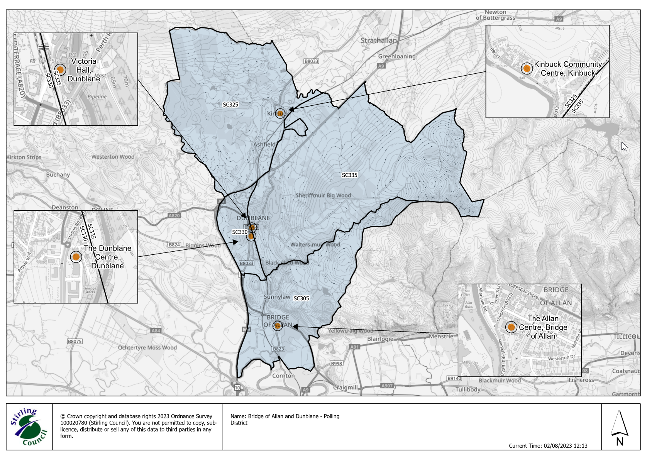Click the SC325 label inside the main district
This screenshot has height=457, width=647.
230,105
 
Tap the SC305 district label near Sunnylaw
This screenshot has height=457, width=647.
301,298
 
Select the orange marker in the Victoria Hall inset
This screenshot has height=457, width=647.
60,70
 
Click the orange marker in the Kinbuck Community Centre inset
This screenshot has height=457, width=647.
527,68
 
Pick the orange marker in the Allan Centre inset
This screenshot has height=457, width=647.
511,327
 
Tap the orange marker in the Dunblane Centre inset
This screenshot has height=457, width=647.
76,257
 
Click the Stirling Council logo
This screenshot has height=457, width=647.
29,427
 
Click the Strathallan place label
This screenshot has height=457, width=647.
378,41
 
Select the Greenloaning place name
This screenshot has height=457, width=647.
396,56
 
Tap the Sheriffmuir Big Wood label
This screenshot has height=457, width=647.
323,195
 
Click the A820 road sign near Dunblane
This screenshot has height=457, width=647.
174,215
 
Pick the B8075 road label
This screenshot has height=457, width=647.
75,341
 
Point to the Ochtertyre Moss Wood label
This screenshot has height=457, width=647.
147,347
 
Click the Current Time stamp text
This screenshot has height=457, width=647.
548,446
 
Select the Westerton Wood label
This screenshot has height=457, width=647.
113,157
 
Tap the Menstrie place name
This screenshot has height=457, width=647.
441,336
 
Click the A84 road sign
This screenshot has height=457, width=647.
156,330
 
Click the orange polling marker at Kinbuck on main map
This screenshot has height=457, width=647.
280,113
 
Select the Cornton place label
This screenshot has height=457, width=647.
283,376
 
